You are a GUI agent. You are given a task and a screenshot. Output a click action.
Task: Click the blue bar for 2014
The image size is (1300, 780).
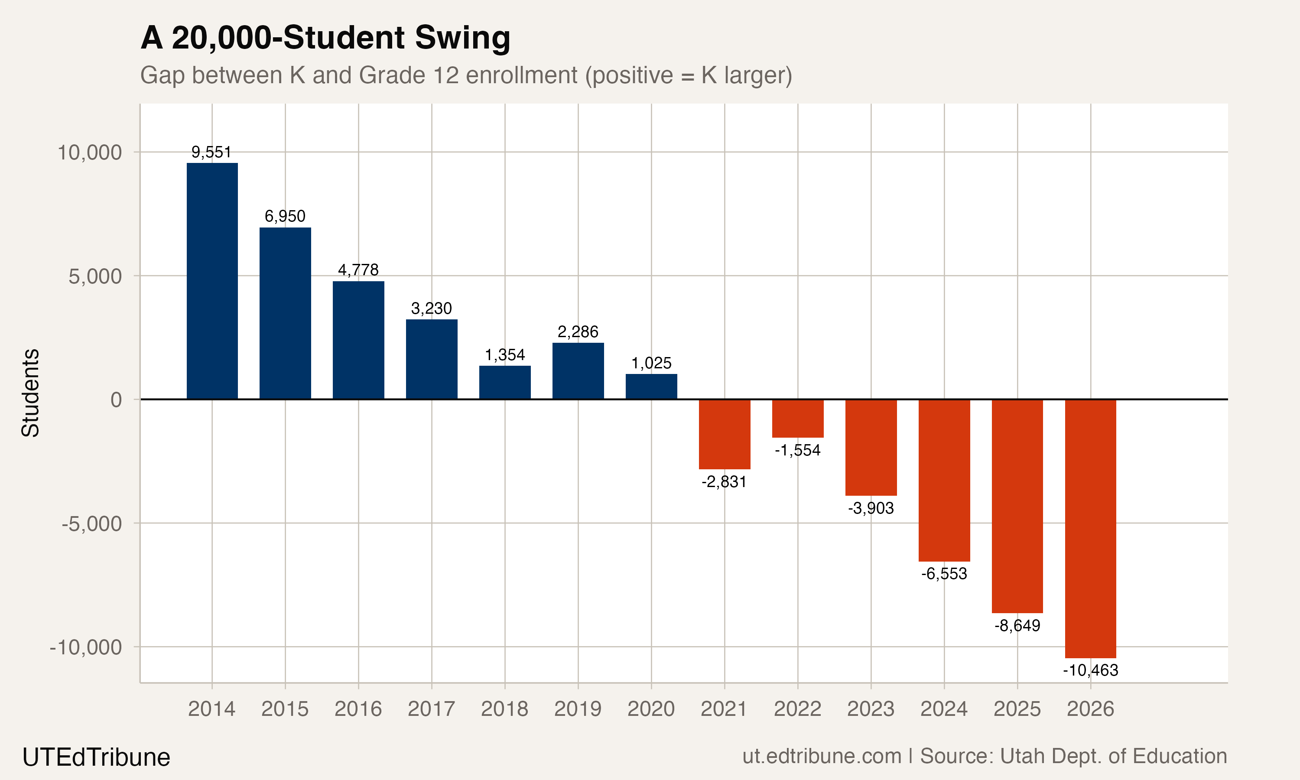(212, 281)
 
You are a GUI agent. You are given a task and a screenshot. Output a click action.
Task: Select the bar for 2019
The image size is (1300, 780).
(578, 370)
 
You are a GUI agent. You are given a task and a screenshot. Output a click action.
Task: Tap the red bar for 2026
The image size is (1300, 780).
(1090, 528)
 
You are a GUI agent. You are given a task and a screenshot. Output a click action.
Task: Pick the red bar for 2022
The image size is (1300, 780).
(797, 418)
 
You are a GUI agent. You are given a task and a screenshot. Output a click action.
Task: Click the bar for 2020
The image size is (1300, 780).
(651, 387)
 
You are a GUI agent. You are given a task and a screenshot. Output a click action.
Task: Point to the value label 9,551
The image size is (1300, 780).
(211, 152)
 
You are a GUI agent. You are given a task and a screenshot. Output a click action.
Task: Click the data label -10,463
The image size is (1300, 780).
(1090, 670)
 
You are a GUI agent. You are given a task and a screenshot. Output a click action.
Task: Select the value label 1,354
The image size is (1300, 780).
(504, 355)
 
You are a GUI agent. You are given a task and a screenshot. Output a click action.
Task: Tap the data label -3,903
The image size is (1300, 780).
(871, 508)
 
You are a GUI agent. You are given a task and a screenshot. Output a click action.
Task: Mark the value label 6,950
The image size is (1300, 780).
(285, 216)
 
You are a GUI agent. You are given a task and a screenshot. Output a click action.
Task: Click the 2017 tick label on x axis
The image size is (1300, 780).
(431, 709)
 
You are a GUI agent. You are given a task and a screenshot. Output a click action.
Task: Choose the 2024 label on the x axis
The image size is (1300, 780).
(944, 709)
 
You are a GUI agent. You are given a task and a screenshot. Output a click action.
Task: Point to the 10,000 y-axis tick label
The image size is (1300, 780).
(89, 153)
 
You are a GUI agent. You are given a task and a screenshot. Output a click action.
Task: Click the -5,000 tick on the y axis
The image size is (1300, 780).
(92, 523)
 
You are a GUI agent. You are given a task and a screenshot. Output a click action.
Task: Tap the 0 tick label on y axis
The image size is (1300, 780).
(116, 400)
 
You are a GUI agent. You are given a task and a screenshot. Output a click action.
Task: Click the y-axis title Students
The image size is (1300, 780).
(30, 393)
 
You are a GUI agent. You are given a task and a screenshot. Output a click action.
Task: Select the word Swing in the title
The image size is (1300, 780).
(462, 39)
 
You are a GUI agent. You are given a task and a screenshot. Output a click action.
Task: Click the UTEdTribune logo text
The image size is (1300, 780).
(96, 757)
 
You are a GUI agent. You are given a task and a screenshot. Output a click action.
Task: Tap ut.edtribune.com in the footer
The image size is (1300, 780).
(821, 756)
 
